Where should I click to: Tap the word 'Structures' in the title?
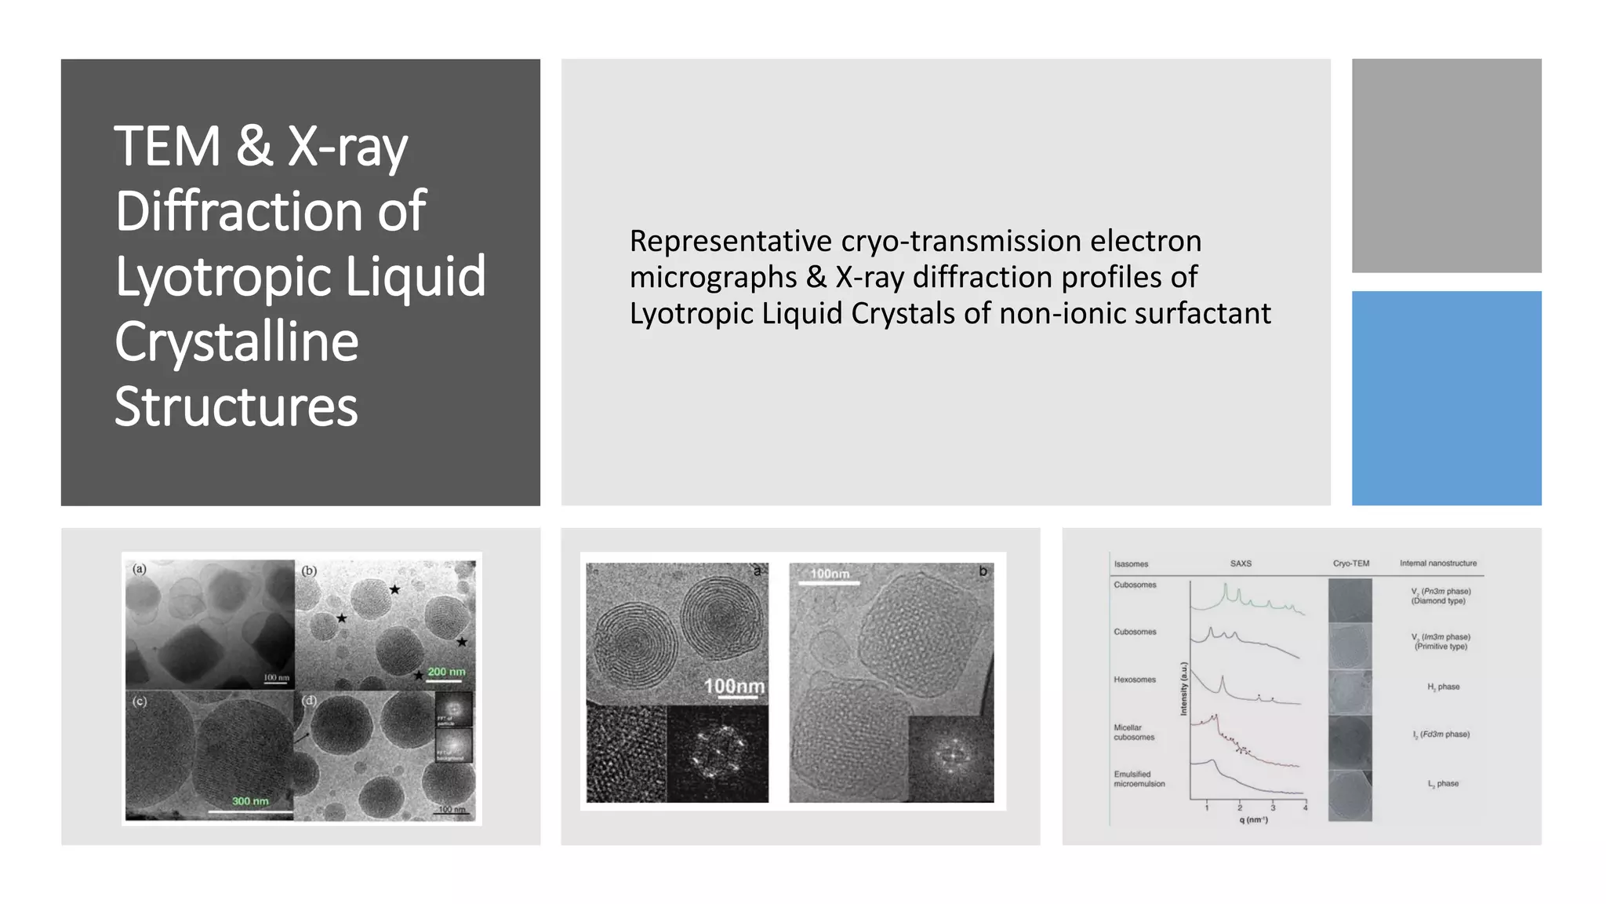tap(236, 406)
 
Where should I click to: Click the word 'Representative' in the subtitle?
tap(730, 241)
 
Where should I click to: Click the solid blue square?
tap(1446, 398)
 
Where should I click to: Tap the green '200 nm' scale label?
tap(446, 672)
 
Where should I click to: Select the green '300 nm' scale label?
tap(250, 801)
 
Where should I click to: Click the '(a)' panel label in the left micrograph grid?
tap(140, 569)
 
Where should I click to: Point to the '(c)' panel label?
tap(140, 701)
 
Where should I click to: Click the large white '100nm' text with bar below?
tap(734, 687)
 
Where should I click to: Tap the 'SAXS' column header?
tap(1241, 563)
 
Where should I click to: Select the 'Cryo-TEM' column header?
tap(1350, 563)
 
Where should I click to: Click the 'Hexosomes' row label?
tap(1135, 680)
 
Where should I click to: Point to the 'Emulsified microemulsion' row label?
tap(1139, 778)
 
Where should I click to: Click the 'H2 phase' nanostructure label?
tap(1443, 687)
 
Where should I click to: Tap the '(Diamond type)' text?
tap(1438, 601)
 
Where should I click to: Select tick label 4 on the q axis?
tap(1305, 807)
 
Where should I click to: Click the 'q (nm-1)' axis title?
tap(1253, 820)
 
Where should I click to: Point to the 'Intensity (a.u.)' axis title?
tap(1184, 689)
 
